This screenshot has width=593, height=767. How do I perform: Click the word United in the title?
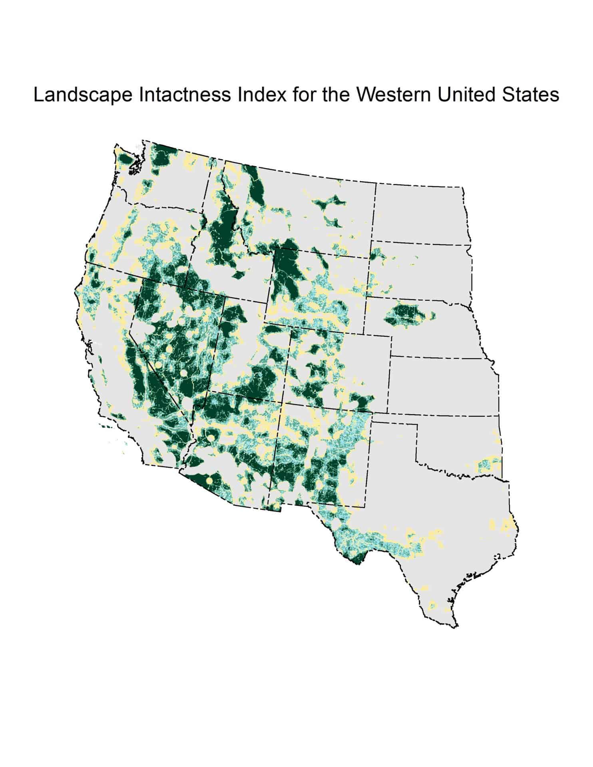470,96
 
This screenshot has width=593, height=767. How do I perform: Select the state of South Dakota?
420,272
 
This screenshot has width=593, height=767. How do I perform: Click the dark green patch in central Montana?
328,204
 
